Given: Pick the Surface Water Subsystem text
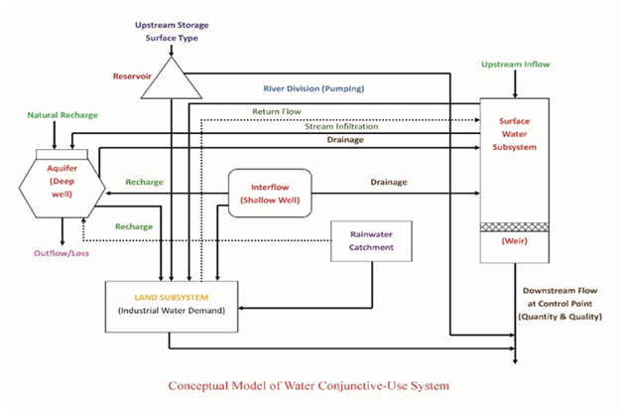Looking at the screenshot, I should pos(514,136).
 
